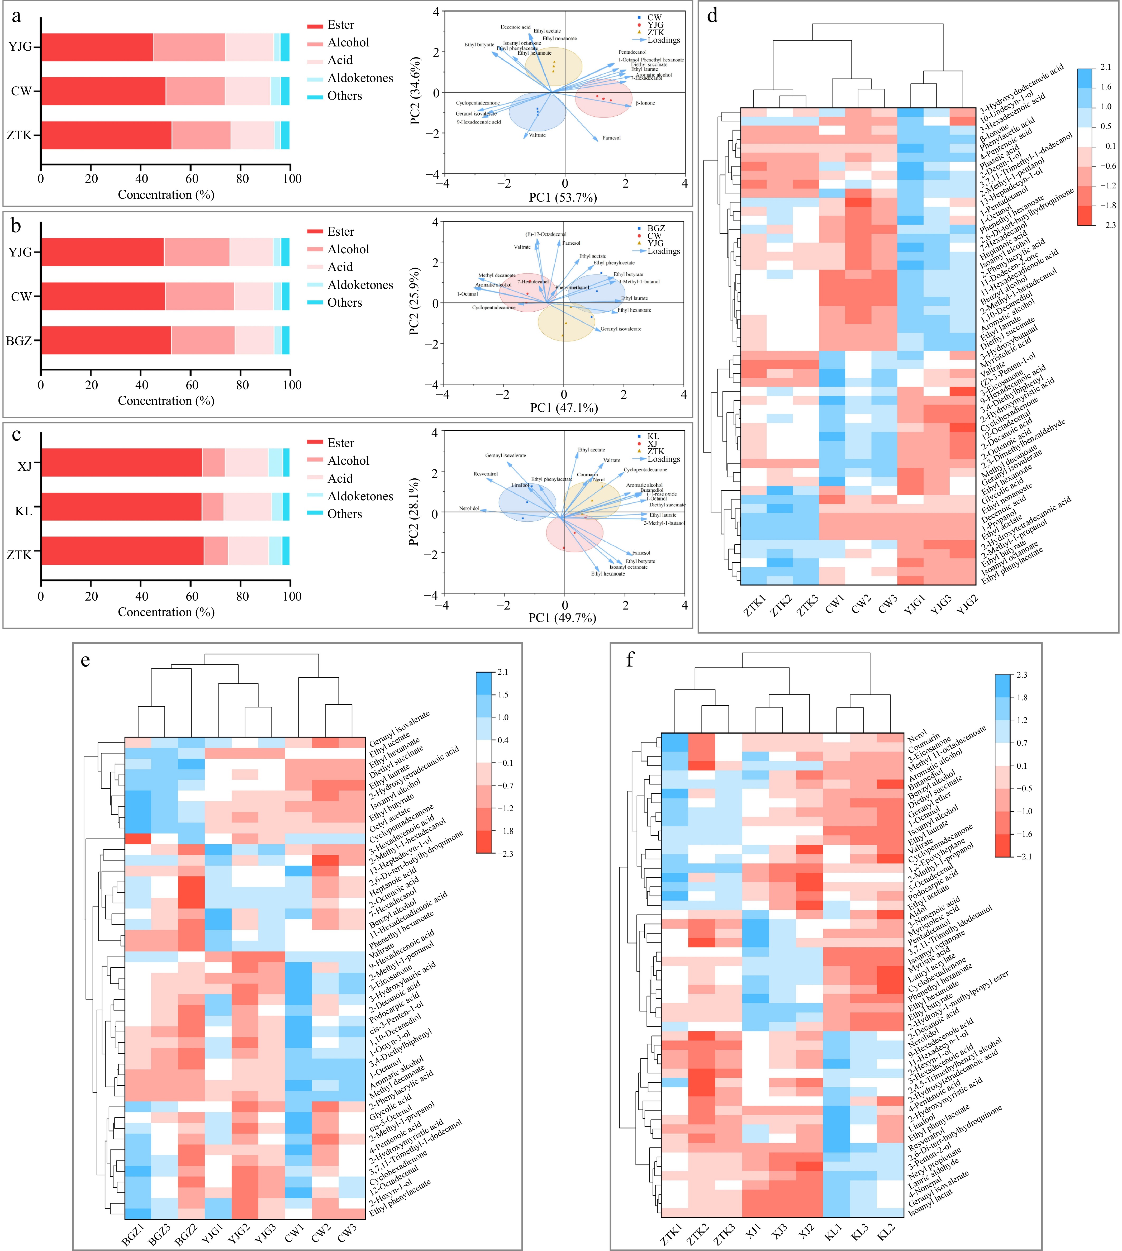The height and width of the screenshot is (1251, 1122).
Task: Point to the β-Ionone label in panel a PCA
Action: pos(645,103)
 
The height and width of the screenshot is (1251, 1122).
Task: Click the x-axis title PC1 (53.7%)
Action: pos(563,197)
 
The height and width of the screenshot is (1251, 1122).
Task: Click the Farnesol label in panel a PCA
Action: pos(612,138)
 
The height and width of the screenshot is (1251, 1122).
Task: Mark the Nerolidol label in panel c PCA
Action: pos(469,509)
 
